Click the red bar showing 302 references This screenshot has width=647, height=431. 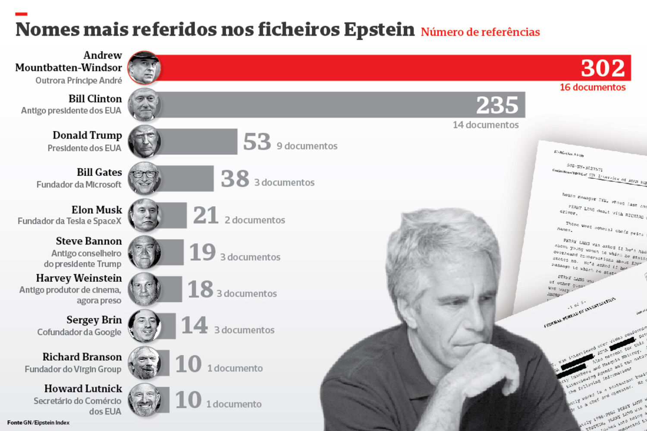pyautogui.click(x=367, y=68)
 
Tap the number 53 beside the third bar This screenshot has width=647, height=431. pyautogui.click(x=257, y=142)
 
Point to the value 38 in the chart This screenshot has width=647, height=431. pyautogui.click(x=235, y=179)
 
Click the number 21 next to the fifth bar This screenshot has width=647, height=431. pyautogui.click(x=206, y=215)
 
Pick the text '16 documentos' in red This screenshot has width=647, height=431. pyautogui.click(x=592, y=87)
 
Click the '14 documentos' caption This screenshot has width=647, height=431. pyautogui.click(x=485, y=125)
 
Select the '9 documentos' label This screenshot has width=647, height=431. pyautogui.click(x=307, y=146)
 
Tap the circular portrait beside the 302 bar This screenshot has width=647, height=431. pyautogui.click(x=144, y=68)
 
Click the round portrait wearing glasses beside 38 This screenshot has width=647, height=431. pyautogui.click(x=144, y=178)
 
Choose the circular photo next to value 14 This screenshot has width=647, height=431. pyautogui.click(x=144, y=326)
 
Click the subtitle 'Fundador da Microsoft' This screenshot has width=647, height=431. pyautogui.click(x=79, y=184)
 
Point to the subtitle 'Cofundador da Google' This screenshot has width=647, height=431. pyautogui.click(x=79, y=332)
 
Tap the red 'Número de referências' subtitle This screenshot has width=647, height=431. pyautogui.click(x=480, y=32)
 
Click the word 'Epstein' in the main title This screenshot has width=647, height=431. pyautogui.click(x=379, y=30)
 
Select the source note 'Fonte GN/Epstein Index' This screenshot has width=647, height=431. pyautogui.click(x=38, y=423)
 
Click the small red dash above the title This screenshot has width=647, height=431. pyautogui.click(x=21, y=14)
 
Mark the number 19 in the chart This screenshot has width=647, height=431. pyautogui.click(x=202, y=253)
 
